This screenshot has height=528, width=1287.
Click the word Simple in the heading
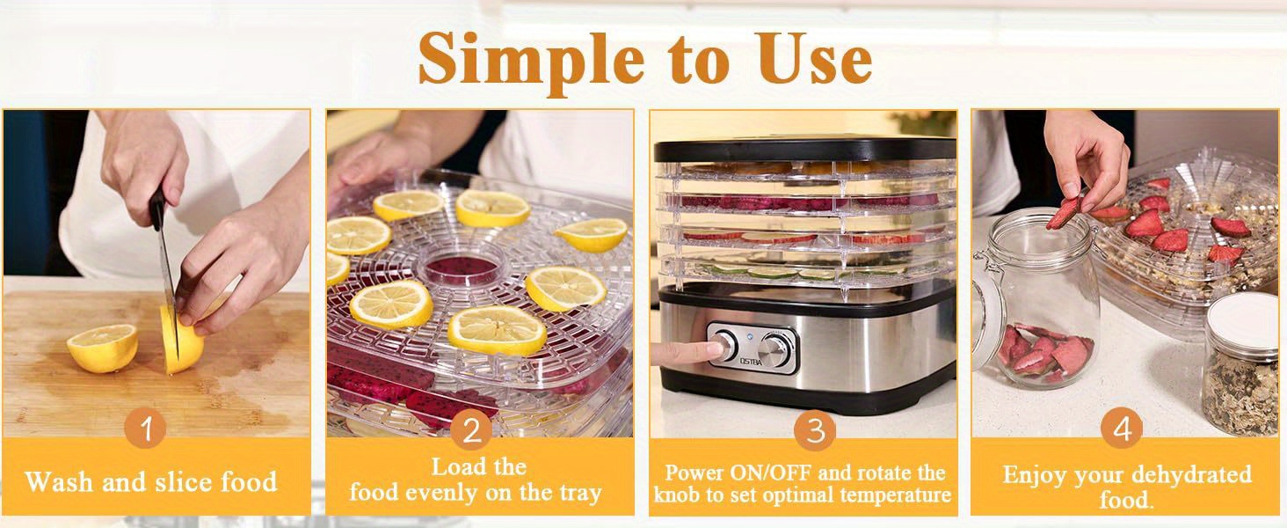(531, 62)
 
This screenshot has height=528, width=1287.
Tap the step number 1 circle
(145, 428)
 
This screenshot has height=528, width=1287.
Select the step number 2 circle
(471, 431)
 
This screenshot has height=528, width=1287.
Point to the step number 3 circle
(815, 430)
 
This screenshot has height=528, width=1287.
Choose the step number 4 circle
(1122, 429)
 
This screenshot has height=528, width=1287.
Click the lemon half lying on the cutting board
(103, 348)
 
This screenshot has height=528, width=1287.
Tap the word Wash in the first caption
(59, 481)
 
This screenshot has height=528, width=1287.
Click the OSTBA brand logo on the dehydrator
(751, 362)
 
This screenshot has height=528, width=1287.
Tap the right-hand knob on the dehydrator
(774, 348)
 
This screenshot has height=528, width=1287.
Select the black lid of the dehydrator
(804, 149)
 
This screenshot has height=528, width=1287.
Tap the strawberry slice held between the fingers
(1063, 213)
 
